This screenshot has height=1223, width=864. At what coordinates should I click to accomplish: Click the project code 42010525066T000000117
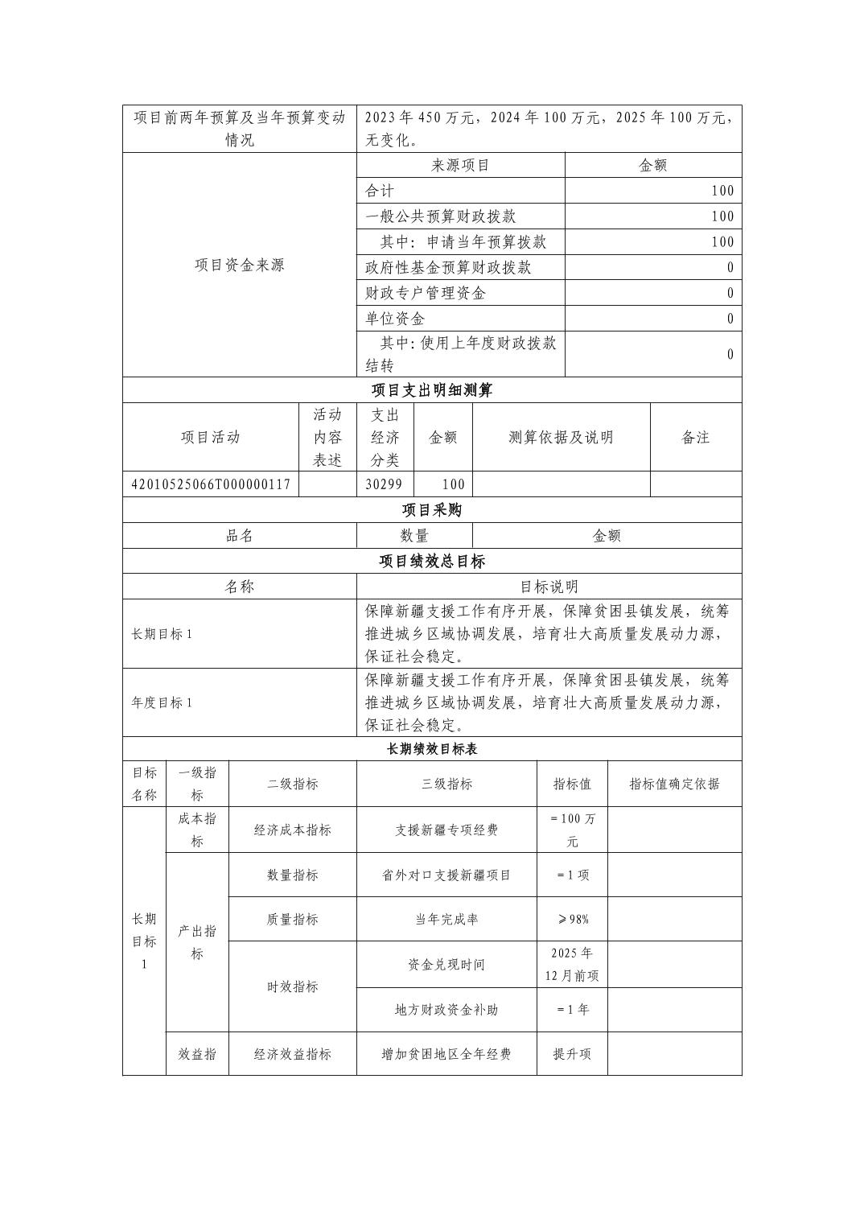pos(211,484)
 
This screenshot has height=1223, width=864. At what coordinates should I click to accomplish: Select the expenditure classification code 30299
pos(385,484)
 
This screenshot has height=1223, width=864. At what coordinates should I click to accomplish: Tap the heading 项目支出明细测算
pos(432,390)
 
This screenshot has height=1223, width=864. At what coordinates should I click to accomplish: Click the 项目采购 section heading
pos(432,510)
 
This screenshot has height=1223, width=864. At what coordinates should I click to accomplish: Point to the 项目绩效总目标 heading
pos(432,561)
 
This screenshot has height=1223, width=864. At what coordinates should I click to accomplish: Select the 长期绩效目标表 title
pos(432,749)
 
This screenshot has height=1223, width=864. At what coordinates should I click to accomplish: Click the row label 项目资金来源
pos(240,265)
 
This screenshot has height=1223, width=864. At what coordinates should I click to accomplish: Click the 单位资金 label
pos(395,319)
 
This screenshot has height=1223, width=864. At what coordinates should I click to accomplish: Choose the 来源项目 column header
pos(460,166)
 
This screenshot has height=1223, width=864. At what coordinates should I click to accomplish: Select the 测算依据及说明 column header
pos(561,437)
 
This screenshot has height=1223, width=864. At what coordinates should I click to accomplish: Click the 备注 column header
pos(695,437)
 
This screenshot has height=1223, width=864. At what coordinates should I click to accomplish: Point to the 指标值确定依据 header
pos(674,784)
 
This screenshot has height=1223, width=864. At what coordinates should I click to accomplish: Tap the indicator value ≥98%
pos(572,919)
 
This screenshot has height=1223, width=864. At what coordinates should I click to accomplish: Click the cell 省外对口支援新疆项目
pos(446,875)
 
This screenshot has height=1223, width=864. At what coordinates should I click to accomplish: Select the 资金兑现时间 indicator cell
pos(446,964)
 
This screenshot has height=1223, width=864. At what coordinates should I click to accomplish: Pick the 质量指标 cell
pos(292,919)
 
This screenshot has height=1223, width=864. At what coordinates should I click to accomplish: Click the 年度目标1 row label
pos(162,702)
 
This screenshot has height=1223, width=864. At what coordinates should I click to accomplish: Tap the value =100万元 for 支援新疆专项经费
pos(572,830)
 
